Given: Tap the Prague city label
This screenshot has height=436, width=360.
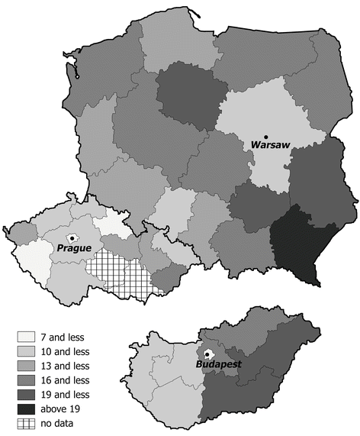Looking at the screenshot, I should pyautogui.click(x=73, y=248).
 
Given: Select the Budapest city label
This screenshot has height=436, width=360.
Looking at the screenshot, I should pyautogui.click(x=220, y=364).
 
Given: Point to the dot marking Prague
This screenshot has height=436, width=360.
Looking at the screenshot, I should pyautogui.click(x=72, y=237).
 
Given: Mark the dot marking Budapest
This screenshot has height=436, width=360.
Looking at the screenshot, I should pyautogui.click(x=207, y=354).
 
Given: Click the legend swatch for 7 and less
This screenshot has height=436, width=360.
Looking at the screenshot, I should pyautogui.click(x=27, y=336).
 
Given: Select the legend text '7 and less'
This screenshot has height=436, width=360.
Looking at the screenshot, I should pyautogui.click(x=69, y=336).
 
